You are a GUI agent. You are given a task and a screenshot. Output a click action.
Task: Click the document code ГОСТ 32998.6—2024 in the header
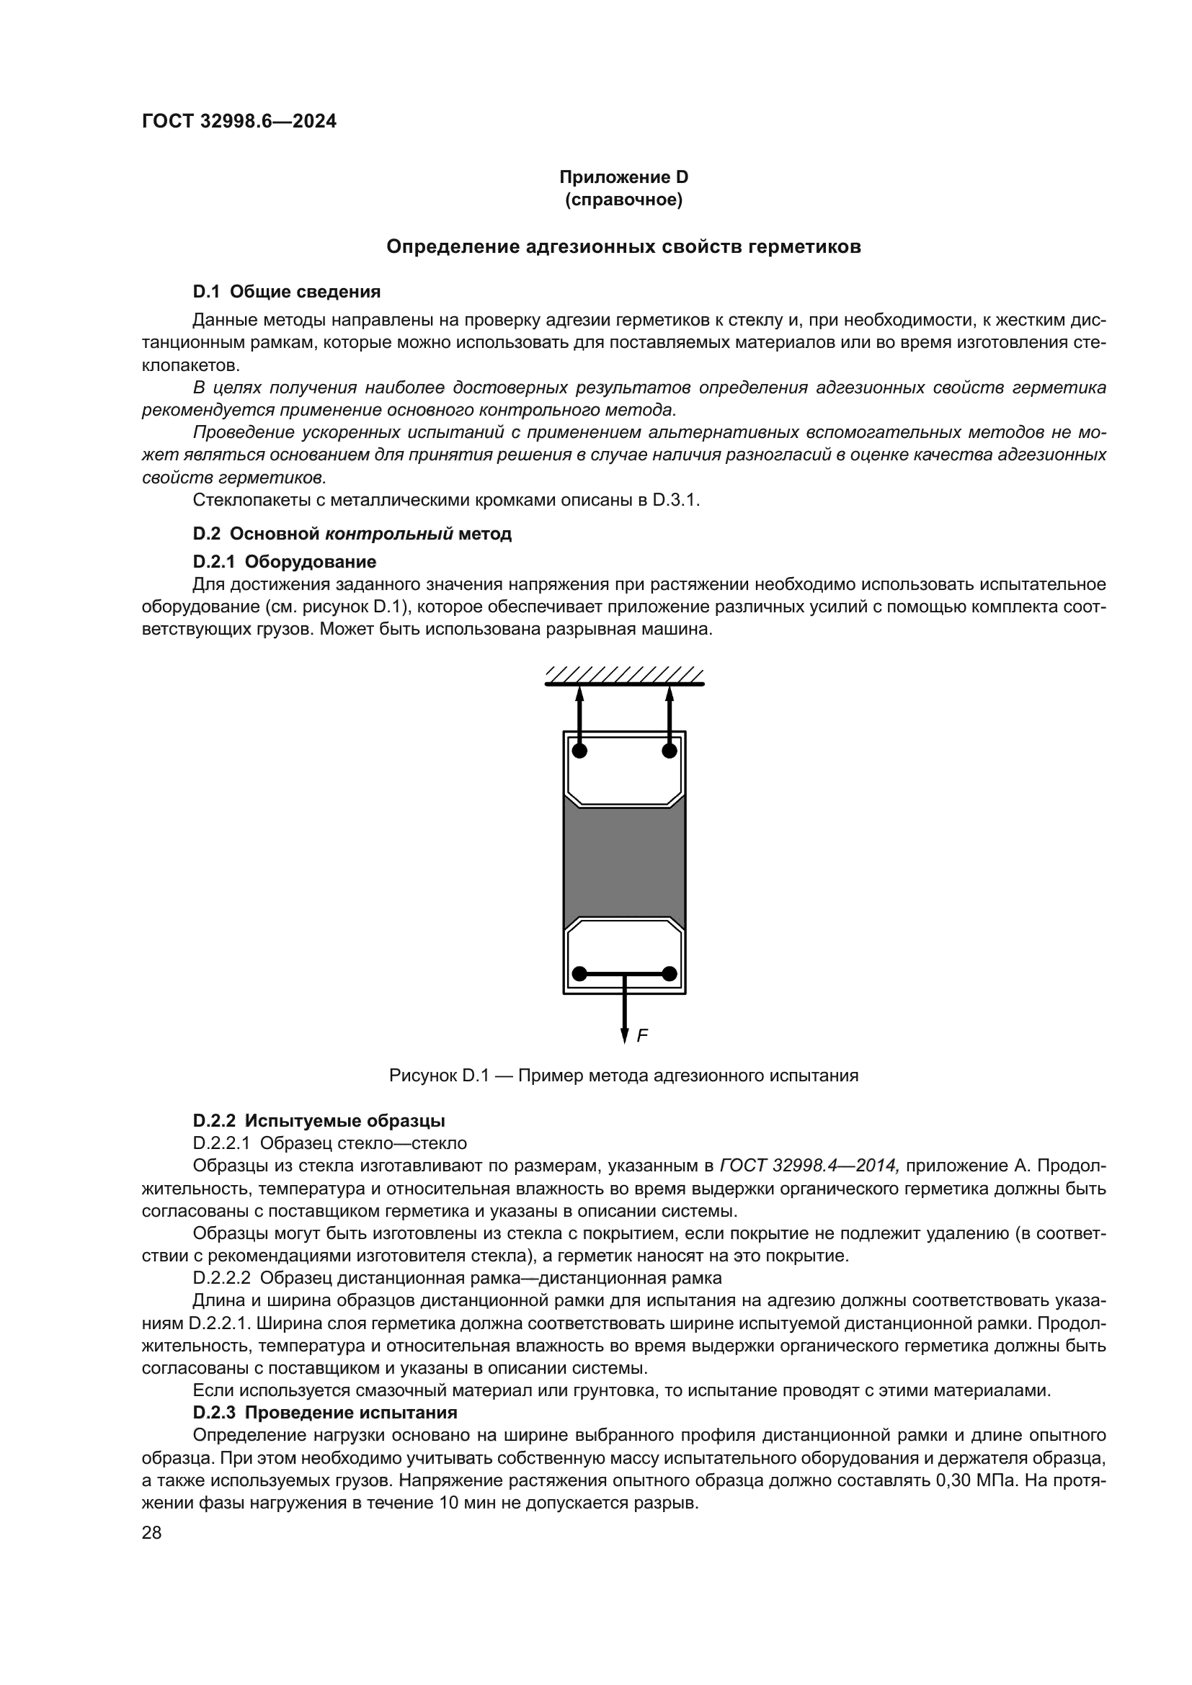(239, 122)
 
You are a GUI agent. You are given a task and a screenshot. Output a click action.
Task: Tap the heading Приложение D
(624, 177)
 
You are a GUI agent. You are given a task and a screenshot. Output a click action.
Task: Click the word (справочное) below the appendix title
(624, 200)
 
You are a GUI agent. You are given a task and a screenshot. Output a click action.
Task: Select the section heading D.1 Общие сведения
(286, 292)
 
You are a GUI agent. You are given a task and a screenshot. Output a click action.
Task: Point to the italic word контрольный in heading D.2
(389, 534)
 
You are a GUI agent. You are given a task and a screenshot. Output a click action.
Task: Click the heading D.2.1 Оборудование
(285, 562)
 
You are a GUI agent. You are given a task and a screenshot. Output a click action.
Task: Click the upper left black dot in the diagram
(580, 751)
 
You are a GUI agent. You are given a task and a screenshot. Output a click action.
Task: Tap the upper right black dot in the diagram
(670, 751)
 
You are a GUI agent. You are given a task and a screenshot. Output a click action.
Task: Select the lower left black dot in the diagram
(580, 974)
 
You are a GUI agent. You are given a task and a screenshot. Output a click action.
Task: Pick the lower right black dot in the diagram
(670, 974)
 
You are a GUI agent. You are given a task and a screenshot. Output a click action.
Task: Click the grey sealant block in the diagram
(624, 862)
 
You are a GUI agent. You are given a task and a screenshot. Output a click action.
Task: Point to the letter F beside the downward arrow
(642, 1035)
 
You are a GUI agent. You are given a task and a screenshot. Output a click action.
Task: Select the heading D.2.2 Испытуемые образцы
(319, 1121)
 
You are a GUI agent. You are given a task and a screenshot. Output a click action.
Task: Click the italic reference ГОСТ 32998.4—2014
(809, 1166)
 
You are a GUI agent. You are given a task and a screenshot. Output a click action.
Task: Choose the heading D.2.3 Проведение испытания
(325, 1413)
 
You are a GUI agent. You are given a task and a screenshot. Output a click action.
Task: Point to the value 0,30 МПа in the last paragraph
(978, 1480)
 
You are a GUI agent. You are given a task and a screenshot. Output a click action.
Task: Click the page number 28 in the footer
(152, 1532)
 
